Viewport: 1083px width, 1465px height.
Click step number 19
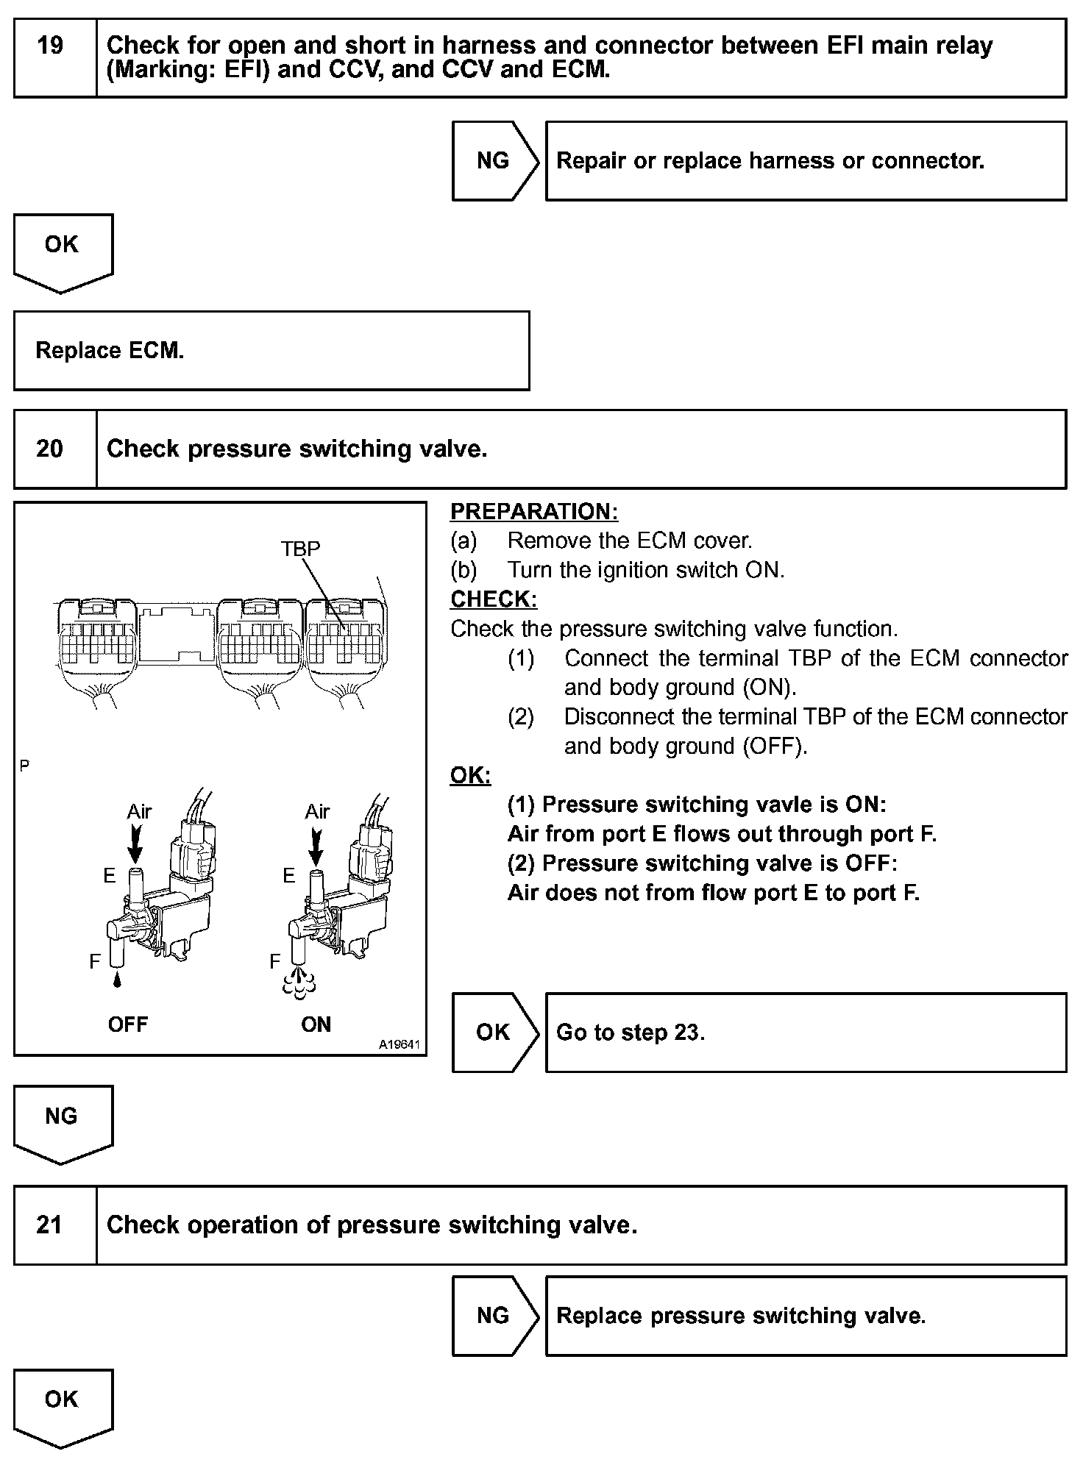tap(51, 46)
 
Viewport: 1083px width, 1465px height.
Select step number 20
tap(49, 449)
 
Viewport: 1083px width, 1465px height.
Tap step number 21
tap(49, 1225)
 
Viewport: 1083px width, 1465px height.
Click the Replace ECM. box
tap(271, 351)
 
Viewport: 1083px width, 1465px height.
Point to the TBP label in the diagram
tap(300, 549)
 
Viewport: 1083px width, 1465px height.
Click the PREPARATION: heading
tap(534, 511)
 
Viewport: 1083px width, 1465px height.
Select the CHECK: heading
tap(494, 599)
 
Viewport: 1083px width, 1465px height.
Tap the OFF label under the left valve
tap(127, 1024)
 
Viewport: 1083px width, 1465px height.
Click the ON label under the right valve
tap(316, 1024)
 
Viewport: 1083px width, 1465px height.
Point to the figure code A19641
tap(400, 1044)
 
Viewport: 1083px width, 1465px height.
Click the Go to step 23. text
tap(631, 1033)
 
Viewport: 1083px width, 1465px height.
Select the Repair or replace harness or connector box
tap(805, 161)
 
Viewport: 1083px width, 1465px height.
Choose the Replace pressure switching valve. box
tap(805, 1316)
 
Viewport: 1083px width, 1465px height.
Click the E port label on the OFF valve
tap(109, 875)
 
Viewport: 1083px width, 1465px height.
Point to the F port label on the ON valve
tap(274, 960)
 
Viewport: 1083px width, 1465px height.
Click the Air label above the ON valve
tap(317, 811)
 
